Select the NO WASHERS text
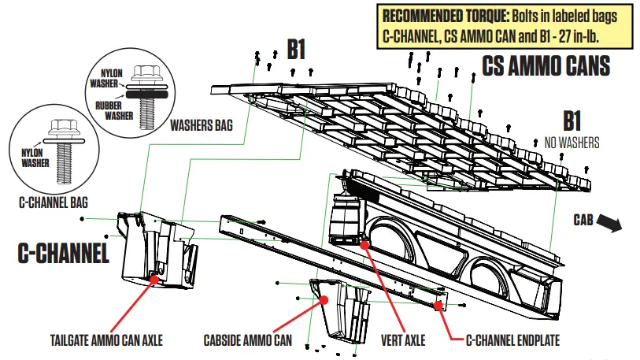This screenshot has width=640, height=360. point(572,143)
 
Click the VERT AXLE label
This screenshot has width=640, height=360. point(403,340)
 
